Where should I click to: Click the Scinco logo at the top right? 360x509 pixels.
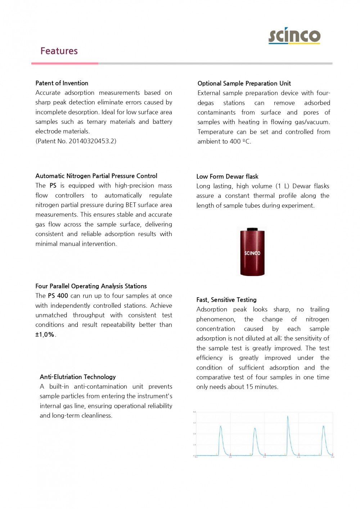click(x=294, y=36)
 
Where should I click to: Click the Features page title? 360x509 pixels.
click(x=59, y=51)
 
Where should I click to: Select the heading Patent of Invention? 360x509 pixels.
click(x=62, y=83)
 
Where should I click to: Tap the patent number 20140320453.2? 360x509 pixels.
click(x=92, y=141)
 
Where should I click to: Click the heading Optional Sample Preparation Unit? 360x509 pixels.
click(x=244, y=84)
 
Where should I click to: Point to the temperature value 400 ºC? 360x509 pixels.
click(x=240, y=141)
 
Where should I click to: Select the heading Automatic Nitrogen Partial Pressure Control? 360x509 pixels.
click(x=96, y=176)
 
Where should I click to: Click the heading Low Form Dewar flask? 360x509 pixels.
click(x=227, y=176)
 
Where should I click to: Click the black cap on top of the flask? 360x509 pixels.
click(x=252, y=229)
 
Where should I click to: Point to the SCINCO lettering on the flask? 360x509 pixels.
click(x=252, y=253)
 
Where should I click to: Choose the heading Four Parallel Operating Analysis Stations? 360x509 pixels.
click(x=91, y=286)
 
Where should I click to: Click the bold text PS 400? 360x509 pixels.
click(x=58, y=296)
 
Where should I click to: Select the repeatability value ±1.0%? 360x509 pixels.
click(x=45, y=335)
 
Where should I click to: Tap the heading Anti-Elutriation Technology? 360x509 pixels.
click(x=78, y=377)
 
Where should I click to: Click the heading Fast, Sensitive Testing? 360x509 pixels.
click(x=226, y=300)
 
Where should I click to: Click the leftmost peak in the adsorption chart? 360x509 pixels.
click(x=221, y=427)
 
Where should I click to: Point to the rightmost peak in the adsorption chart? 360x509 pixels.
click(x=323, y=427)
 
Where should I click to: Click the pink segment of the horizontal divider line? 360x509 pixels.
click(x=65, y=64)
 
